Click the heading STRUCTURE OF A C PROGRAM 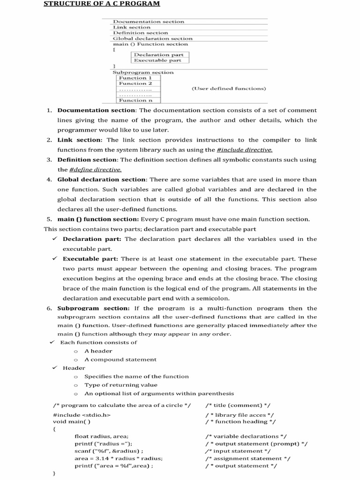click(102, 4)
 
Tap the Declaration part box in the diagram click(158, 55)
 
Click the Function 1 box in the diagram click(132, 78)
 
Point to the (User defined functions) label click(229, 89)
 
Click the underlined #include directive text click(244, 150)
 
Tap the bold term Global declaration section click(102, 180)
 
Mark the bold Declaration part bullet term click(92, 239)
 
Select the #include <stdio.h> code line click(82, 415)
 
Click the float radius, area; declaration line click(102, 436)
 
